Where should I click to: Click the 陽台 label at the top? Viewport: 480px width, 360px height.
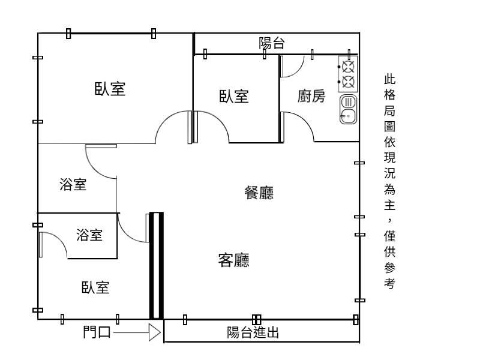271,43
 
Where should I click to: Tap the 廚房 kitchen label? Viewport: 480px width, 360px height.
311,96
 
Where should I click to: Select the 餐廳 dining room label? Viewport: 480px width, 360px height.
259,192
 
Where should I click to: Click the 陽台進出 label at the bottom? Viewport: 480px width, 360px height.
253,333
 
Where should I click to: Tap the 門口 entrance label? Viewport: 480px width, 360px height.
97,332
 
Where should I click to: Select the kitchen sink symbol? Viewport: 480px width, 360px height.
348,109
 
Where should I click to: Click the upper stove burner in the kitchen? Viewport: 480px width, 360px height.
349,66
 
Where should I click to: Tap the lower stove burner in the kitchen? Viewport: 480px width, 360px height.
349,81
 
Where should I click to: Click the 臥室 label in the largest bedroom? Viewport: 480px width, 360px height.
110,89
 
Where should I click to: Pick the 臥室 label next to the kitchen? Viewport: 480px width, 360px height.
233,97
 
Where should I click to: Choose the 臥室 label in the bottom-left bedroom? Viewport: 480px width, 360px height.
95,287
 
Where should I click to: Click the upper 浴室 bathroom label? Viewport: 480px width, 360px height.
73,185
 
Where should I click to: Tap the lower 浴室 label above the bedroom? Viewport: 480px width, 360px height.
89,235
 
